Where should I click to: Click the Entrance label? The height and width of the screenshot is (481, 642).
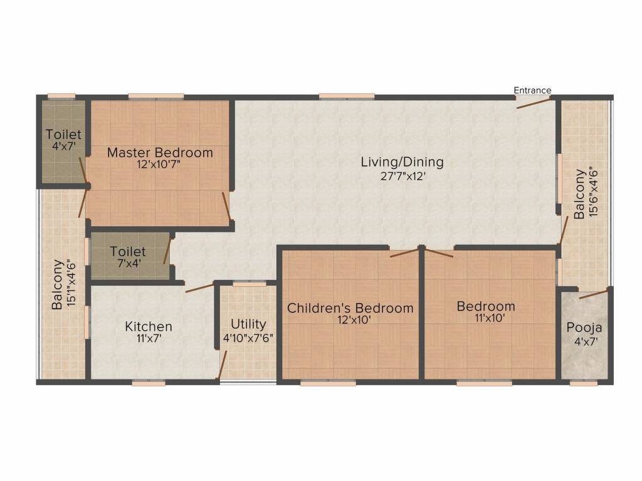click(532, 90)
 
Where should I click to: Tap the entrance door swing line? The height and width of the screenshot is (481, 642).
click(534, 103)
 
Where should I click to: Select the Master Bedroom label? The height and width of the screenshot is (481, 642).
click(160, 153)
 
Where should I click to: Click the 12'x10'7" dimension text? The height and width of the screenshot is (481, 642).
click(159, 165)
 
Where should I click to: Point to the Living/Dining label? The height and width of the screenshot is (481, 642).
click(402, 162)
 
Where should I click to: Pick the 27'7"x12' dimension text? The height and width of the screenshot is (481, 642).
click(403, 176)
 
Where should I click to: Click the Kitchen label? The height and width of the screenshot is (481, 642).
click(148, 326)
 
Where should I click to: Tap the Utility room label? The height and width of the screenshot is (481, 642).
click(248, 324)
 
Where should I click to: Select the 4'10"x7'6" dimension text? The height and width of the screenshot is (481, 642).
click(248, 338)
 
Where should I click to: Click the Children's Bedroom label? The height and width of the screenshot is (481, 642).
click(350, 308)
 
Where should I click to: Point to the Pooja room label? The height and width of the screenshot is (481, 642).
click(584, 328)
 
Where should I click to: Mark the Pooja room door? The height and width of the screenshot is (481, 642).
click(594, 294)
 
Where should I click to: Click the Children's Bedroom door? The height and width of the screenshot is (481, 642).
click(406, 252)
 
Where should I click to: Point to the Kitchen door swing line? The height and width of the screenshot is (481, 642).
click(200, 287)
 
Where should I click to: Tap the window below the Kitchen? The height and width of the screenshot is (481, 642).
click(149, 383)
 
